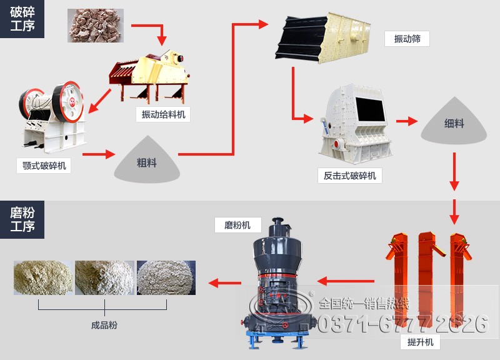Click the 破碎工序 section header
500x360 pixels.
click(x=22, y=18)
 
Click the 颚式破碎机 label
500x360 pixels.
click(x=44, y=166)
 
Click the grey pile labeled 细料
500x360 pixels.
click(x=454, y=122)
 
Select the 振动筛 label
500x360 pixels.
click(x=407, y=38)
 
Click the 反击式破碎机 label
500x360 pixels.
click(x=349, y=176)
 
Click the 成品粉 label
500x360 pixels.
click(x=104, y=325)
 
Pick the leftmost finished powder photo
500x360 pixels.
click(x=42, y=277)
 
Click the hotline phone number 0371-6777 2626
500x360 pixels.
click(x=403, y=324)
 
